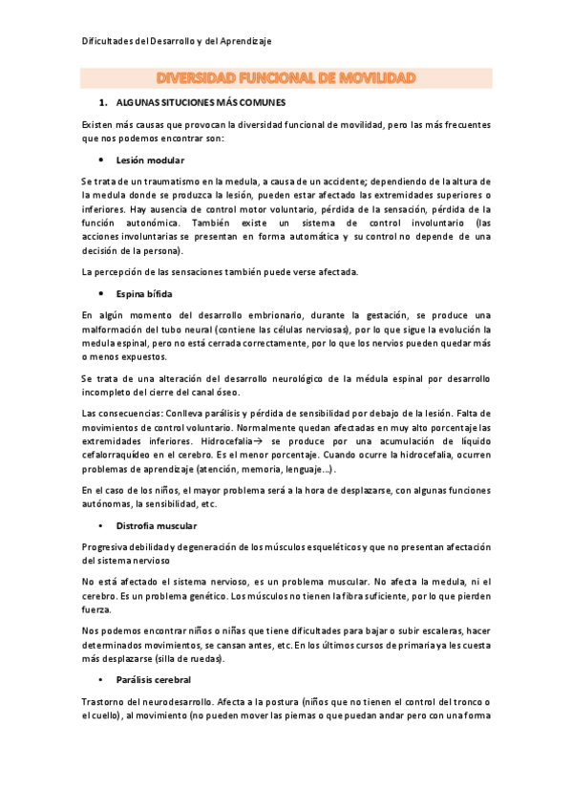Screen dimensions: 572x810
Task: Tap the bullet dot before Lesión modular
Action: [x=101, y=160]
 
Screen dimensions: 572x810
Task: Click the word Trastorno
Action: [x=104, y=702]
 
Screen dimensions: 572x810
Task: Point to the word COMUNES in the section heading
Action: [x=255, y=101]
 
